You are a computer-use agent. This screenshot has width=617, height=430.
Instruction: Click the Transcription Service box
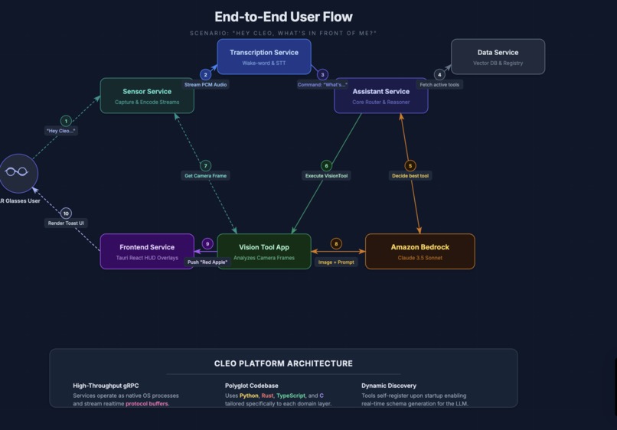(x=264, y=57)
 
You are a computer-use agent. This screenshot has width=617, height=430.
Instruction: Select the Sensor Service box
(x=147, y=96)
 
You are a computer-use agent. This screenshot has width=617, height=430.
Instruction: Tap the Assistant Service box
(x=380, y=96)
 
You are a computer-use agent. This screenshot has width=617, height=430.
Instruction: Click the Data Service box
(x=498, y=57)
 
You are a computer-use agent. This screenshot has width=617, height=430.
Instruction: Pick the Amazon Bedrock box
(x=419, y=252)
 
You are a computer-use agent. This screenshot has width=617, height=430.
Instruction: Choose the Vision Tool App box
(x=264, y=252)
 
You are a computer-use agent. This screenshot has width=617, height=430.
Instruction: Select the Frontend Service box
(x=147, y=252)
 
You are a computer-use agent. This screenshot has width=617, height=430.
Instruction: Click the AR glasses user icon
(x=18, y=172)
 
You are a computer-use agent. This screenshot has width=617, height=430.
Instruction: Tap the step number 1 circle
(x=66, y=121)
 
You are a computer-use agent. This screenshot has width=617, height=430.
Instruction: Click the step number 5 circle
(x=410, y=165)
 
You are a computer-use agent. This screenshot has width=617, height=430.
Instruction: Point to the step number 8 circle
(x=336, y=244)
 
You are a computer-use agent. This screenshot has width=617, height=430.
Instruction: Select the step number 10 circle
(x=66, y=213)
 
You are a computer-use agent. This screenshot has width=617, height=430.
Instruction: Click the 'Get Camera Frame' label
(x=205, y=176)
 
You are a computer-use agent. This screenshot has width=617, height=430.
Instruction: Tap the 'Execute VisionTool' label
(x=326, y=176)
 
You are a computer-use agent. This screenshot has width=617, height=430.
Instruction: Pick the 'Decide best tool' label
(x=410, y=176)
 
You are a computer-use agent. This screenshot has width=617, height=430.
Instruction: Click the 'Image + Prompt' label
(x=336, y=262)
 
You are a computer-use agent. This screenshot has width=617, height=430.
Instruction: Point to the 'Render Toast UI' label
(x=66, y=223)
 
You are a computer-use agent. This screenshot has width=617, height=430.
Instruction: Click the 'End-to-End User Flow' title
(x=283, y=17)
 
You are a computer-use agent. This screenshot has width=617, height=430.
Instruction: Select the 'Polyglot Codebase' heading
(x=251, y=386)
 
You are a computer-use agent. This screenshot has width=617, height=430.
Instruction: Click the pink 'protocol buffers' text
(x=147, y=404)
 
